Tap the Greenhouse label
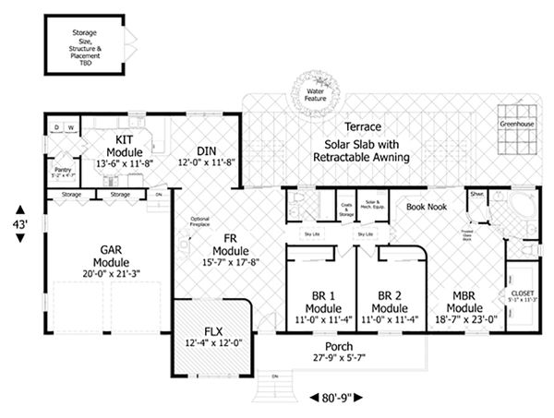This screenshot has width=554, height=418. point(515,123)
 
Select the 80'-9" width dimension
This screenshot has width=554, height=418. point(330,398)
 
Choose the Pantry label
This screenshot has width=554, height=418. point(62,170)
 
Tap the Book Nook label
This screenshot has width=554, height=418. point(426,207)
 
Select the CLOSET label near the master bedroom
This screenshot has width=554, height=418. point(522,293)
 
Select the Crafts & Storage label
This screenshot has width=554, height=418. point(346,208)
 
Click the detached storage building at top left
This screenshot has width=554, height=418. point(84,43)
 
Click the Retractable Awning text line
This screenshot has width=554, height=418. point(367,158)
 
